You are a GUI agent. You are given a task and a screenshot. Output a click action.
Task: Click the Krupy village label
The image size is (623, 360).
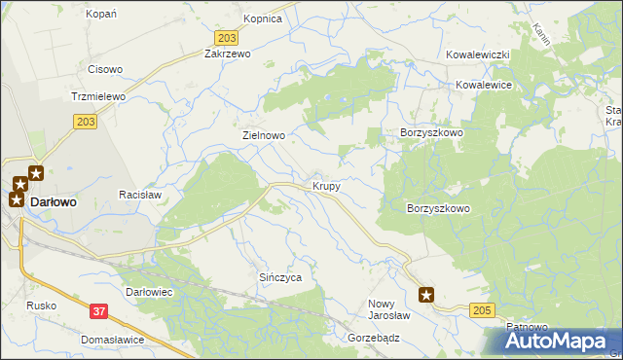tap(326, 185)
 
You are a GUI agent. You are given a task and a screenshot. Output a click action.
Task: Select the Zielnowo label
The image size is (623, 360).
tap(263, 136)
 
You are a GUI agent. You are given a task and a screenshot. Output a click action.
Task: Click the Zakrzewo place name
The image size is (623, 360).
tap(227, 54)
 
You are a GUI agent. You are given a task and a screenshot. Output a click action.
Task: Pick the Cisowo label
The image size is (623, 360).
tap(105, 69)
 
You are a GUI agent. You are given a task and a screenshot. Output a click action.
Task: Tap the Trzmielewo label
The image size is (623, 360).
tap(94, 97)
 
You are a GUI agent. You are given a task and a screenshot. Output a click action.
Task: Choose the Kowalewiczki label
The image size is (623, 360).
tap(478, 55)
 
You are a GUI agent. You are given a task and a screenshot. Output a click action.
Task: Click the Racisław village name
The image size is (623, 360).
tap(139, 195)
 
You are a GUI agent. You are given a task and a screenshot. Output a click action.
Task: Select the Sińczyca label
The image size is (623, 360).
tap(280, 277)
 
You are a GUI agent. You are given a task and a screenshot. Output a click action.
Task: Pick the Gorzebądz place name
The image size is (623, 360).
tap(374, 338)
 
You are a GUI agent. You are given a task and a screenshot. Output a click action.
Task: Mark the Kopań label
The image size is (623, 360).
tap(101, 14)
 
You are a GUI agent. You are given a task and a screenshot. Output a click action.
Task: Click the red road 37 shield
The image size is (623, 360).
tap(97, 311)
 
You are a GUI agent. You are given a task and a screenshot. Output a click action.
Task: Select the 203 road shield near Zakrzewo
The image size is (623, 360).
tap(226, 37)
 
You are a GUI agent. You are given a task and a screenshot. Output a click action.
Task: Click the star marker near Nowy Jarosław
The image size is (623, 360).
tap(426, 294)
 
